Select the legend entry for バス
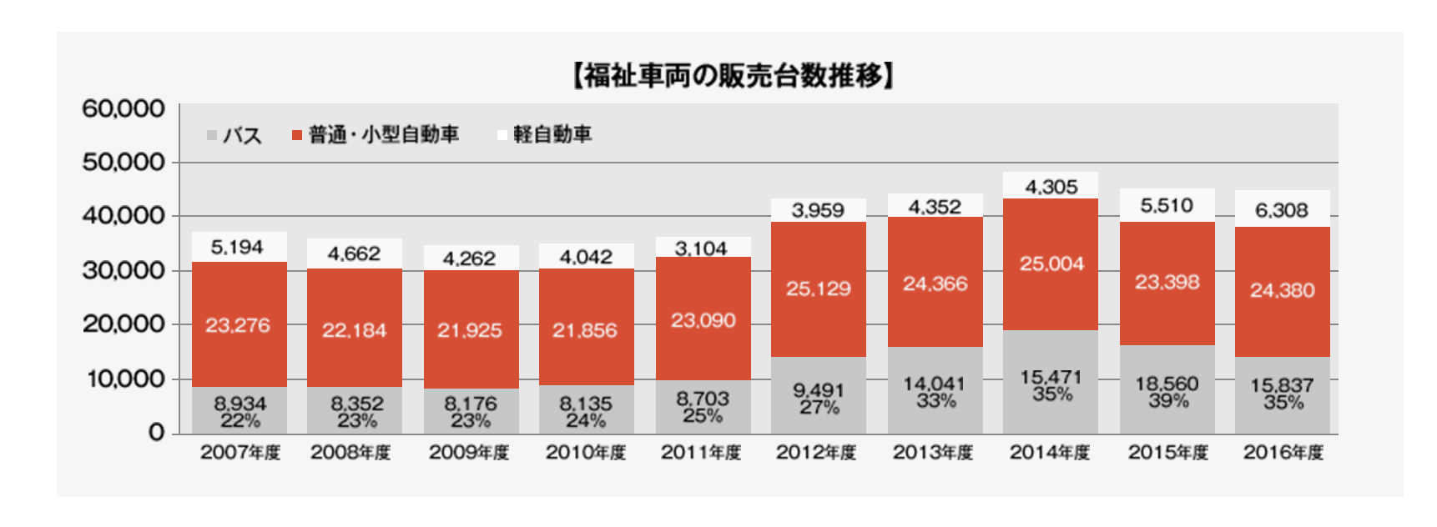point(234,135)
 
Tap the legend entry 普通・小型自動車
point(376,135)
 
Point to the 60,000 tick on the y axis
point(123,108)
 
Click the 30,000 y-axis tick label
point(123,270)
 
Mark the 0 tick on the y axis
point(156,433)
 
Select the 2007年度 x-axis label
point(240,453)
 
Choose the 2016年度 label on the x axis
point(1283,453)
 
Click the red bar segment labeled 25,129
point(819,289)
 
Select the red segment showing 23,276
point(239,324)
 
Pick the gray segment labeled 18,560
point(1167,389)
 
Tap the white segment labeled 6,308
point(1282,209)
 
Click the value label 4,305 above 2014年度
point(1051,187)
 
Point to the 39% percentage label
point(1167,401)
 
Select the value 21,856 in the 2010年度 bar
point(585,330)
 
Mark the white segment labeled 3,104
point(703,248)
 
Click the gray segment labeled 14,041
point(935,389)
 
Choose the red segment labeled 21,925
point(471,329)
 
